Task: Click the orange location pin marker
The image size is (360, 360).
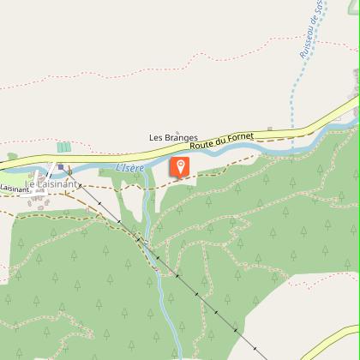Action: [x=180, y=167]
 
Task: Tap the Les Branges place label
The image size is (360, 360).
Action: [x=173, y=137]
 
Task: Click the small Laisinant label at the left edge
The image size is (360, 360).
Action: [x=14, y=188]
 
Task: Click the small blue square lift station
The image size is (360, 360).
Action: [x=60, y=167]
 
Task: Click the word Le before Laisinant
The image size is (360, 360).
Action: [x=30, y=184]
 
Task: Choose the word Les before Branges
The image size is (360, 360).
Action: [x=156, y=137]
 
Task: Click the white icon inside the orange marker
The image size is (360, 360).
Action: [x=180, y=165]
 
